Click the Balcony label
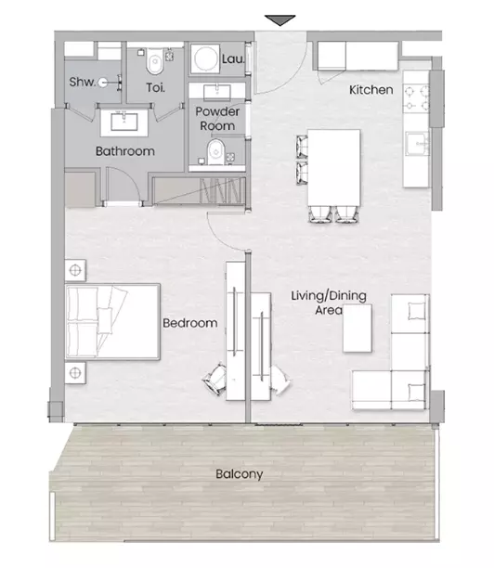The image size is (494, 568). (240, 474)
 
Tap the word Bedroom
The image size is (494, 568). (190, 323)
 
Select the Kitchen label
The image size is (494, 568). (370, 89)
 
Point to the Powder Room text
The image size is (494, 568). (217, 119)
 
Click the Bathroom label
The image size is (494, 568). (125, 150)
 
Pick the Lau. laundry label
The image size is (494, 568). (233, 59)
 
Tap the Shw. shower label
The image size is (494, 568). (83, 82)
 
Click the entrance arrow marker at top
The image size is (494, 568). (279, 20)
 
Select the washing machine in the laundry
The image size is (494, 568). (205, 58)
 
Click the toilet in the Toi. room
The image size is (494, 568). (155, 62)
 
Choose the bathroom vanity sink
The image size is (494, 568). (123, 122)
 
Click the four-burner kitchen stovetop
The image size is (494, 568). (416, 97)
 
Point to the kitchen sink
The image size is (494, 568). (417, 144)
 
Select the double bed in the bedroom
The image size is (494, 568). (112, 322)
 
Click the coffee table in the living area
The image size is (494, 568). (357, 329)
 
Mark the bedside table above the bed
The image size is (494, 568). (75, 270)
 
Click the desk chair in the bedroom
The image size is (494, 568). (215, 380)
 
